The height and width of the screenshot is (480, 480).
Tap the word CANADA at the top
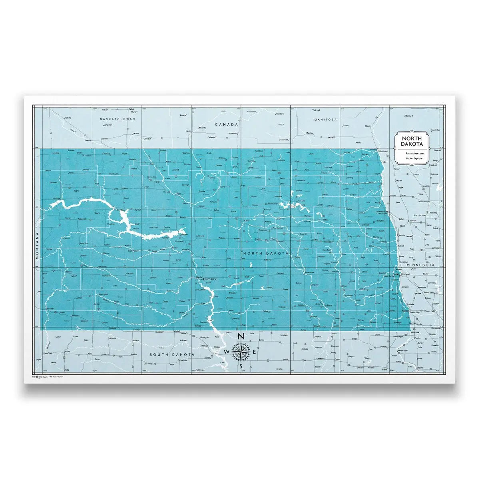coord(227,124)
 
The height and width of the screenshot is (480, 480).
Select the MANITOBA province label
coord(325,120)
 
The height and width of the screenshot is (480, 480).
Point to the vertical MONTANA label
coord(37,246)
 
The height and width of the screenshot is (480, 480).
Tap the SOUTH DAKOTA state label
coord(172,355)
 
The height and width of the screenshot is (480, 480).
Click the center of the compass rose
coord(241,351)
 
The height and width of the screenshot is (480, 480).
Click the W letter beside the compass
coord(227,352)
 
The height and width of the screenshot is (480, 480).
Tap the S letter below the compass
coord(241,366)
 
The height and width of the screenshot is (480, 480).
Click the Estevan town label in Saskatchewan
coord(88,140)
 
